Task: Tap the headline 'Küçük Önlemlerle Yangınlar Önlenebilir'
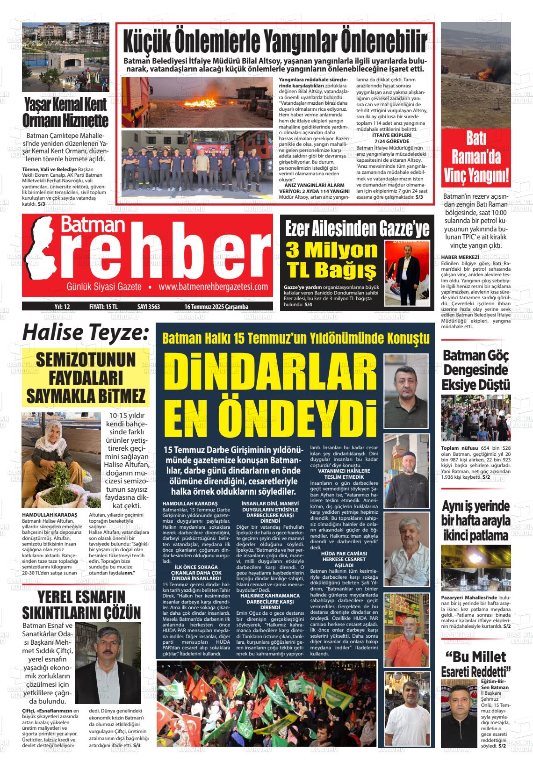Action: [275, 42]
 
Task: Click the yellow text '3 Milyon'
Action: [331, 250]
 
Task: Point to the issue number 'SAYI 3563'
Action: [148, 307]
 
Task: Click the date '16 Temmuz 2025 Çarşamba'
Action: [216, 307]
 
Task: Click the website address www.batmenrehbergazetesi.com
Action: [213, 287]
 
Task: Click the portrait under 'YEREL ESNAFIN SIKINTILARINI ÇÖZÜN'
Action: [108, 663]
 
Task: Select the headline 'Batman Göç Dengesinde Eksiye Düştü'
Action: [476, 370]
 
